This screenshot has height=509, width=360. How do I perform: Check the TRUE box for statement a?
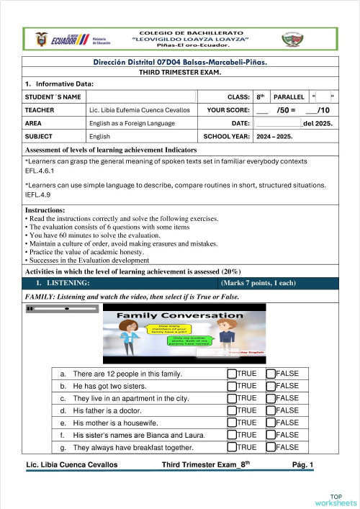click(x=231, y=374)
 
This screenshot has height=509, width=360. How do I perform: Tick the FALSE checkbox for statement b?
click(x=271, y=386)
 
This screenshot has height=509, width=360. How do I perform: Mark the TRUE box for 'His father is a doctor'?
click(x=231, y=410)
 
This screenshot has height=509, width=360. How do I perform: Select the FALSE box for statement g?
click(x=271, y=447)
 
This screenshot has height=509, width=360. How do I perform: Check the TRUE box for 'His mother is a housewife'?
click(x=231, y=423)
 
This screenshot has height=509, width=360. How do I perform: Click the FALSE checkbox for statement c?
click(x=271, y=398)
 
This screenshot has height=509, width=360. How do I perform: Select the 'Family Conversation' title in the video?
click(x=180, y=315)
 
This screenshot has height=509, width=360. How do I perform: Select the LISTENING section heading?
click(x=58, y=283)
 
